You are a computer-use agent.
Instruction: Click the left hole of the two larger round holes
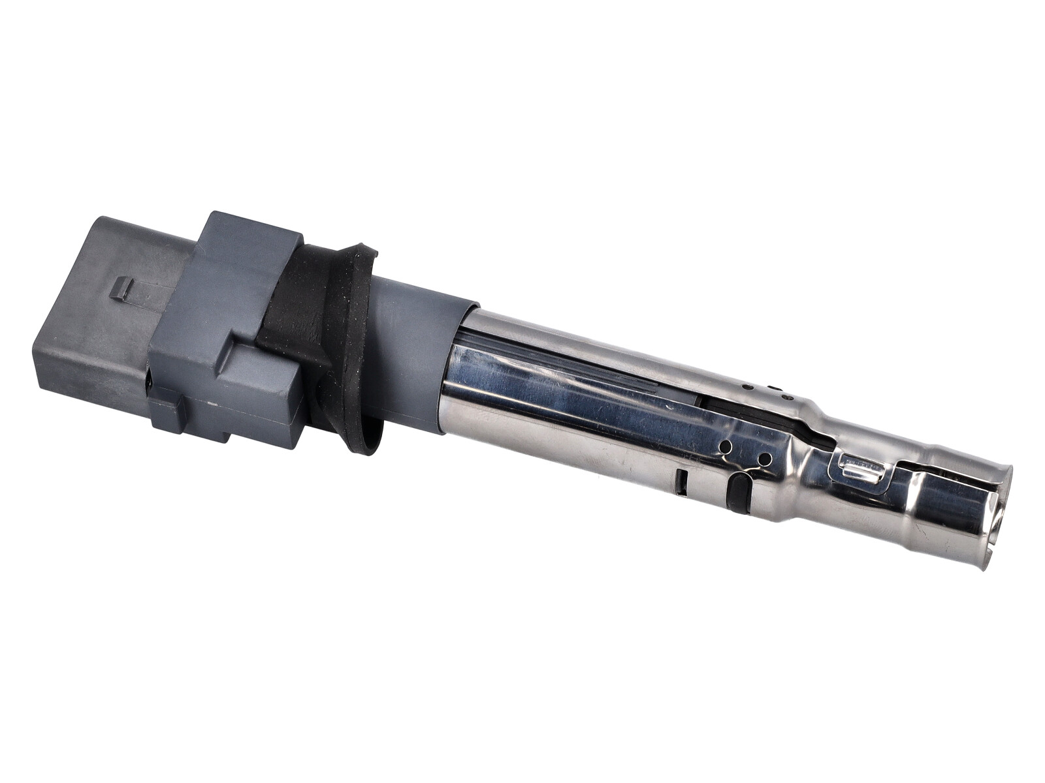click(x=724, y=448)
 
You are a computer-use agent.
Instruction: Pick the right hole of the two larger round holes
click(x=764, y=459)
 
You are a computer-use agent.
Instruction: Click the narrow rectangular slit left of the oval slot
click(x=681, y=481)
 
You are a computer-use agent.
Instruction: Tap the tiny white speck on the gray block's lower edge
click(x=210, y=405)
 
